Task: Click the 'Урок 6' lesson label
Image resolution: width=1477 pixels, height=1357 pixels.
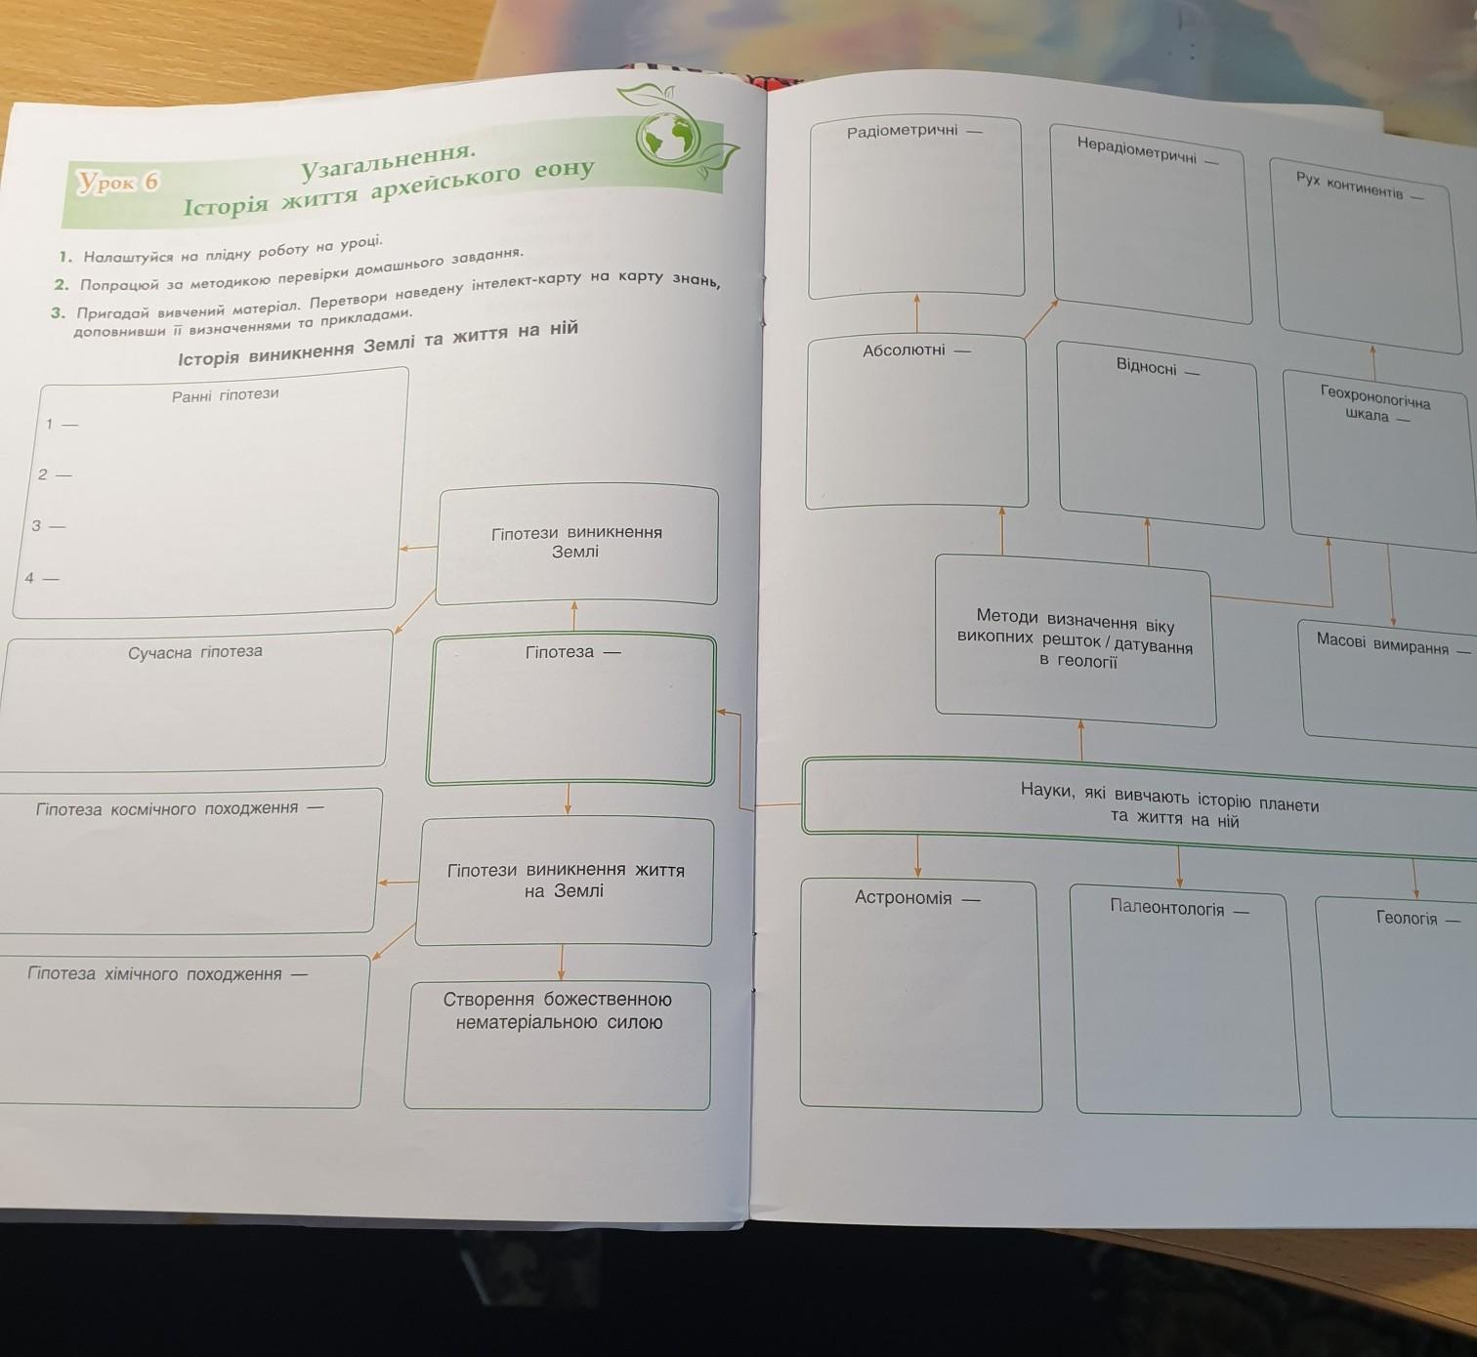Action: (118, 181)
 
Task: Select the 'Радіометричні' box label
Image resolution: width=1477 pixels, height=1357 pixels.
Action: (902, 132)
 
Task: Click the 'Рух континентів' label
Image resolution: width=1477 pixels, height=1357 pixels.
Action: (1349, 186)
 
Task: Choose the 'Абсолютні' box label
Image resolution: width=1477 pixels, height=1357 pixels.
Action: (904, 350)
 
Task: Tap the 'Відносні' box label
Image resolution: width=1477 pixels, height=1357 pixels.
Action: (1146, 366)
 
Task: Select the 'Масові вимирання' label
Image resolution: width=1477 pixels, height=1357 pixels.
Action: (1382, 643)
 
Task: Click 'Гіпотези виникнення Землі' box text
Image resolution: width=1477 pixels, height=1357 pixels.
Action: (575, 542)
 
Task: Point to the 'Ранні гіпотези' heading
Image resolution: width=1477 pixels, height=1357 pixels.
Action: (226, 395)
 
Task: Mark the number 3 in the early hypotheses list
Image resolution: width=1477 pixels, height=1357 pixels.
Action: (36, 525)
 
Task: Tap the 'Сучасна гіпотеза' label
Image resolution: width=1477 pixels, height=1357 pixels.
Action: (195, 652)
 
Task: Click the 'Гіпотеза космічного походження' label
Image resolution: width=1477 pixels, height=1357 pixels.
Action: (167, 808)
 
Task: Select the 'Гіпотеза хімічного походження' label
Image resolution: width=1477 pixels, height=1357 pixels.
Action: (154, 973)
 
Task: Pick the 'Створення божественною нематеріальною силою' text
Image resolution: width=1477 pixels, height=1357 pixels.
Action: (558, 1010)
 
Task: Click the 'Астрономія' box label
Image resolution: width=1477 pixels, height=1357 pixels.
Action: (903, 898)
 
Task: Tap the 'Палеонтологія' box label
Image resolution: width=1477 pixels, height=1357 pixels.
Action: (1166, 908)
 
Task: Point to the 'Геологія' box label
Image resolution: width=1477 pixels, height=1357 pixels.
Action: (1407, 918)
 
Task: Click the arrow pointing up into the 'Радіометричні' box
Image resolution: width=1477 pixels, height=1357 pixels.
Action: (916, 314)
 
